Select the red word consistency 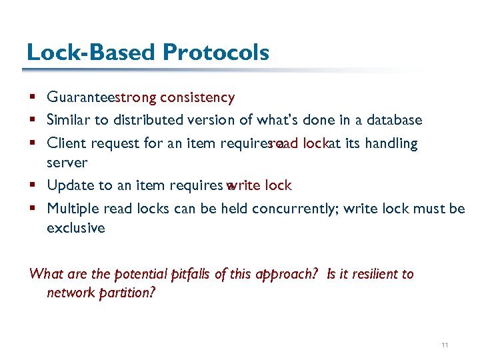[198, 98]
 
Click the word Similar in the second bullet [67, 120]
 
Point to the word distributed [143, 120]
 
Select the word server [67, 163]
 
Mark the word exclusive [75, 228]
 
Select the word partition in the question [127, 293]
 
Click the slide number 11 [445, 345]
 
